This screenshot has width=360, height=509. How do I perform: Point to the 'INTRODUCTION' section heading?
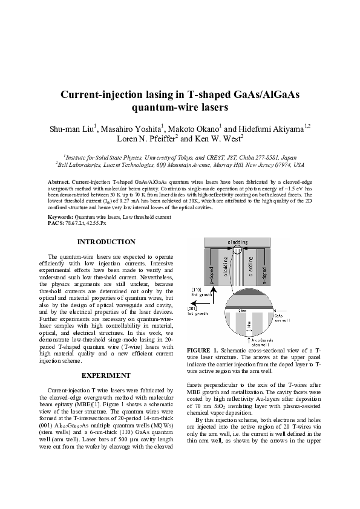pos(106,242)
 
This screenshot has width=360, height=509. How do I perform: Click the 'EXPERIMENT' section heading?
pos(106,376)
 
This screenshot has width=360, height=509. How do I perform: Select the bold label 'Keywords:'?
pos(60,217)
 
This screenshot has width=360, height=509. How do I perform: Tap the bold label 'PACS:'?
pos(56,223)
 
